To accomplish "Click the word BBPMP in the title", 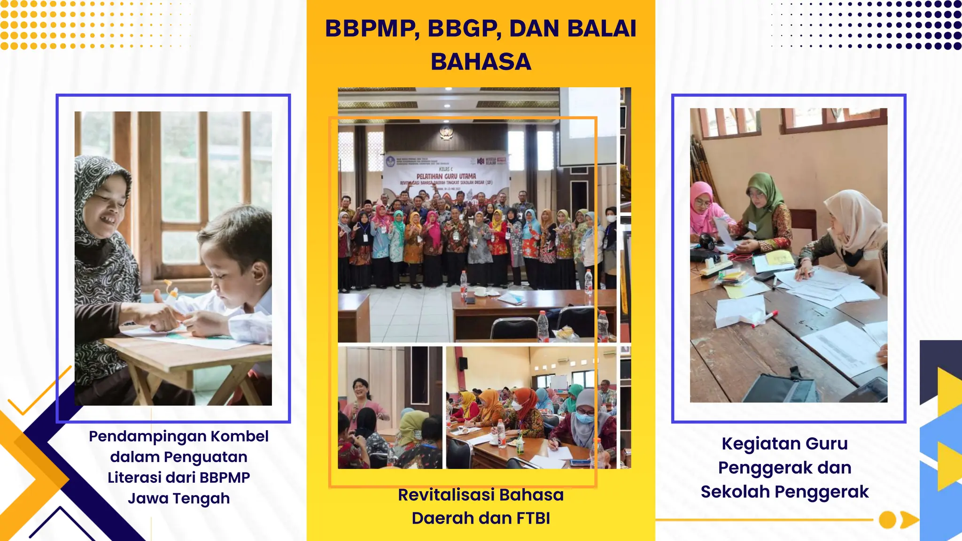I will pyautogui.click(x=372, y=29).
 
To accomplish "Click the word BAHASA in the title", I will pyautogui.click(x=481, y=62).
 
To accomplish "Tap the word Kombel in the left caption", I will pyautogui.click(x=240, y=436).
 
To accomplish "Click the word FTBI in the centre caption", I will pyautogui.click(x=533, y=518).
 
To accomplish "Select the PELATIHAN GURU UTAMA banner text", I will pyautogui.click(x=446, y=176).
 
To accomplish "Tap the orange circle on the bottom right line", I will pyautogui.click(x=887, y=520).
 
